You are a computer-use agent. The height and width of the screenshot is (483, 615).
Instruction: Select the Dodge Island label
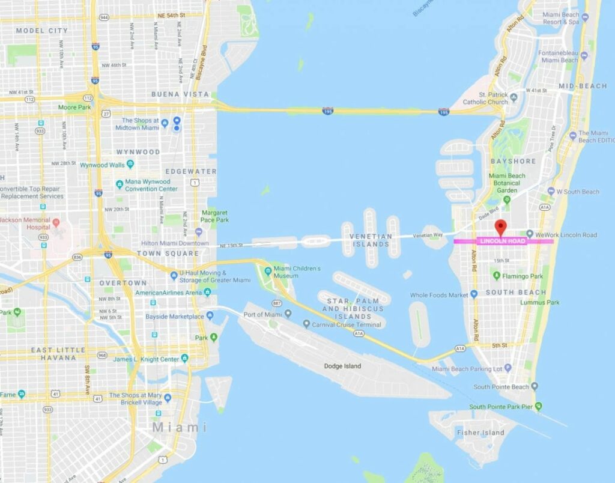tap(342, 366)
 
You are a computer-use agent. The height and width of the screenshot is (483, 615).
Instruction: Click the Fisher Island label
tap(480, 432)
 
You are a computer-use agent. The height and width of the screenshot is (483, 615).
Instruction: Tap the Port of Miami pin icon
tap(288, 313)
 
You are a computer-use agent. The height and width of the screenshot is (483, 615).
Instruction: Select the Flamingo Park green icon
tap(497, 276)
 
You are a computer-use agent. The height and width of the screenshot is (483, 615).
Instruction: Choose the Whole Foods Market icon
tap(474, 294)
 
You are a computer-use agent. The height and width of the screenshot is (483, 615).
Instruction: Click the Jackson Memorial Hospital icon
tap(56, 222)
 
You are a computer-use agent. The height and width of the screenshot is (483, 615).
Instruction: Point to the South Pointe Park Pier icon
tap(538, 406)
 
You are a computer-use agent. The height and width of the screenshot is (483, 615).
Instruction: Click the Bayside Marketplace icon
tap(210, 316)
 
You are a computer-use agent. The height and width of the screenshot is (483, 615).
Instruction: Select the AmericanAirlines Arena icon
tap(207, 292)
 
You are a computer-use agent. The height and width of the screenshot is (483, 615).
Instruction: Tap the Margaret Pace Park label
tap(214, 216)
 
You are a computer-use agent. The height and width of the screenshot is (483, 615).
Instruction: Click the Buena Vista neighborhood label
tap(180, 94)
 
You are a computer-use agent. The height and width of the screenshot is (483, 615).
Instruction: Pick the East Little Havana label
tap(59, 354)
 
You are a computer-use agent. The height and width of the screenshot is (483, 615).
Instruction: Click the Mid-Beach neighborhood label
tap(583, 86)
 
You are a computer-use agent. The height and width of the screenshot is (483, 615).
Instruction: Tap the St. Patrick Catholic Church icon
tap(514, 96)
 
